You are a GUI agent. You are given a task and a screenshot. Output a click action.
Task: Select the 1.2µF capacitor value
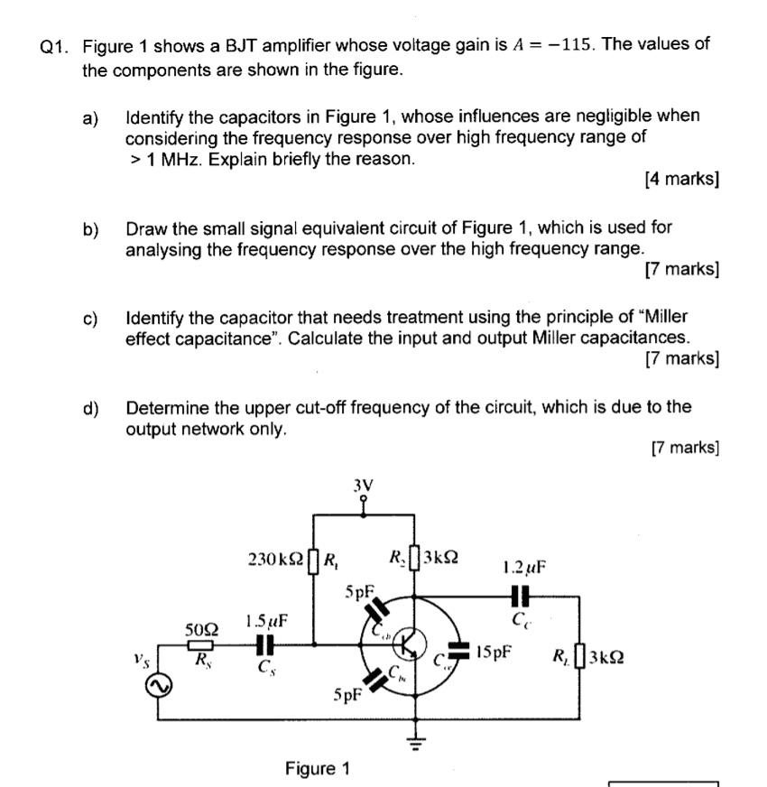coord(524,569)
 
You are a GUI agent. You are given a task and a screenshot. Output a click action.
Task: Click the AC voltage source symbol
coord(161,688)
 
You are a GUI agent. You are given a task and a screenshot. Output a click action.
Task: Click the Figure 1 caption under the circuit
coord(316,768)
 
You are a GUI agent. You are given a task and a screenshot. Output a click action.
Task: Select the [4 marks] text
coord(682,179)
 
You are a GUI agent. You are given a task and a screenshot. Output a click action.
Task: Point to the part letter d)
coord(91,407)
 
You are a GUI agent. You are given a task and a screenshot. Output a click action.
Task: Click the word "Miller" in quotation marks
coord(660,317)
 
